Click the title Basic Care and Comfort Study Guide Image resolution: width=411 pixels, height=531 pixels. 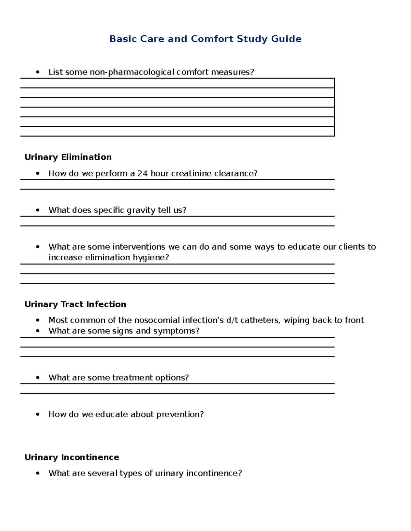click(205, 39)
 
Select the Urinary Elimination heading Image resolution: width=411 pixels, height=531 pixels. click(68, 157)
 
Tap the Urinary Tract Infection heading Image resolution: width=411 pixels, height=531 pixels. click(75, 304)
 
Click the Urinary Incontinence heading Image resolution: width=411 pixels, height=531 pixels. click(72, 457)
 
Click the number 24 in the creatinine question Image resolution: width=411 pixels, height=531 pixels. click(142, 174)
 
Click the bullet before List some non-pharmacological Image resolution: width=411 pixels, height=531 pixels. click(38, 72)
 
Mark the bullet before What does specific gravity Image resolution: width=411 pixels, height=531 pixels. click(38, 210)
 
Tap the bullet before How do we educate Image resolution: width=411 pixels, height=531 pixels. click(38, 414)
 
